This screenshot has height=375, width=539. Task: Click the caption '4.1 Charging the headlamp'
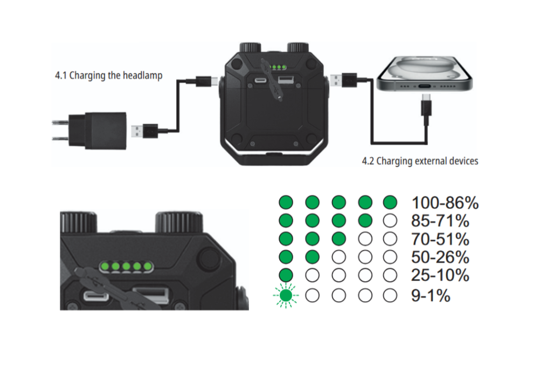108,76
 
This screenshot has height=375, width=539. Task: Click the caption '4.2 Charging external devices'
419,161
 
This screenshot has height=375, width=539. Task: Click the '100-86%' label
445,203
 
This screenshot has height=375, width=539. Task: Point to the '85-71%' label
440,221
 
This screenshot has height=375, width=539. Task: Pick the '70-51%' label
440,239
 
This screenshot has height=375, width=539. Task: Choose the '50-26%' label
440,257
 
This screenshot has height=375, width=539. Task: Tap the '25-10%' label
440,275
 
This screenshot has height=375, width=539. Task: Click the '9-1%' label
431,296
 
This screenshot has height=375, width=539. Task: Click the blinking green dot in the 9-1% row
286,296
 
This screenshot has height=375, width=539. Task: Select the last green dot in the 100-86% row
390,203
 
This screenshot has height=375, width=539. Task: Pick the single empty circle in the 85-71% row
390,221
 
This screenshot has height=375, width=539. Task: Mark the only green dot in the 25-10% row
286,275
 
